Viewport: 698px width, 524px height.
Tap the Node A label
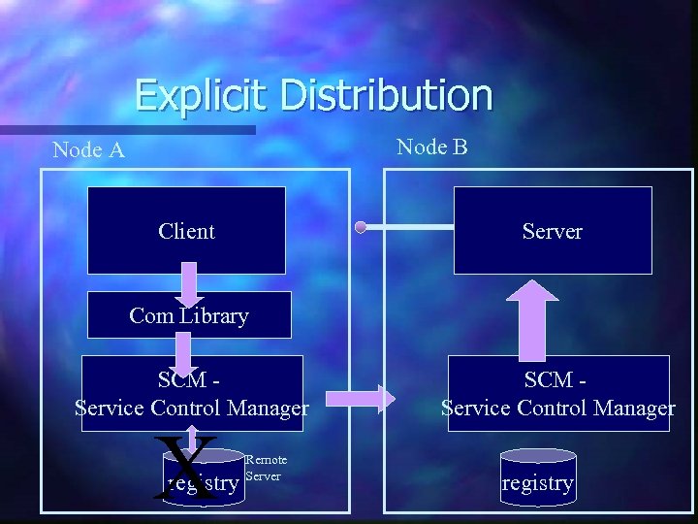click(88, 149)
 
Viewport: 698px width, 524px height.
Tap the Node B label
click(432, 147)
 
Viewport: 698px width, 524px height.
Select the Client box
click(186, 230)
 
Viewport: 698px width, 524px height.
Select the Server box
click(553, 230)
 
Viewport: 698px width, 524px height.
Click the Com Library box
click(189, 315)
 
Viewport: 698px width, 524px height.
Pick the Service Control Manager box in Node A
click(192, 394)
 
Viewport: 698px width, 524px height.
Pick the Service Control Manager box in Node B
click(557, 394)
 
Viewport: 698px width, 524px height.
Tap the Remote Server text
click(266, 468)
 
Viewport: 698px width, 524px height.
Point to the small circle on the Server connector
click(361, 228)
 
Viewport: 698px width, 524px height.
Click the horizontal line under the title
click(126, 129)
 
